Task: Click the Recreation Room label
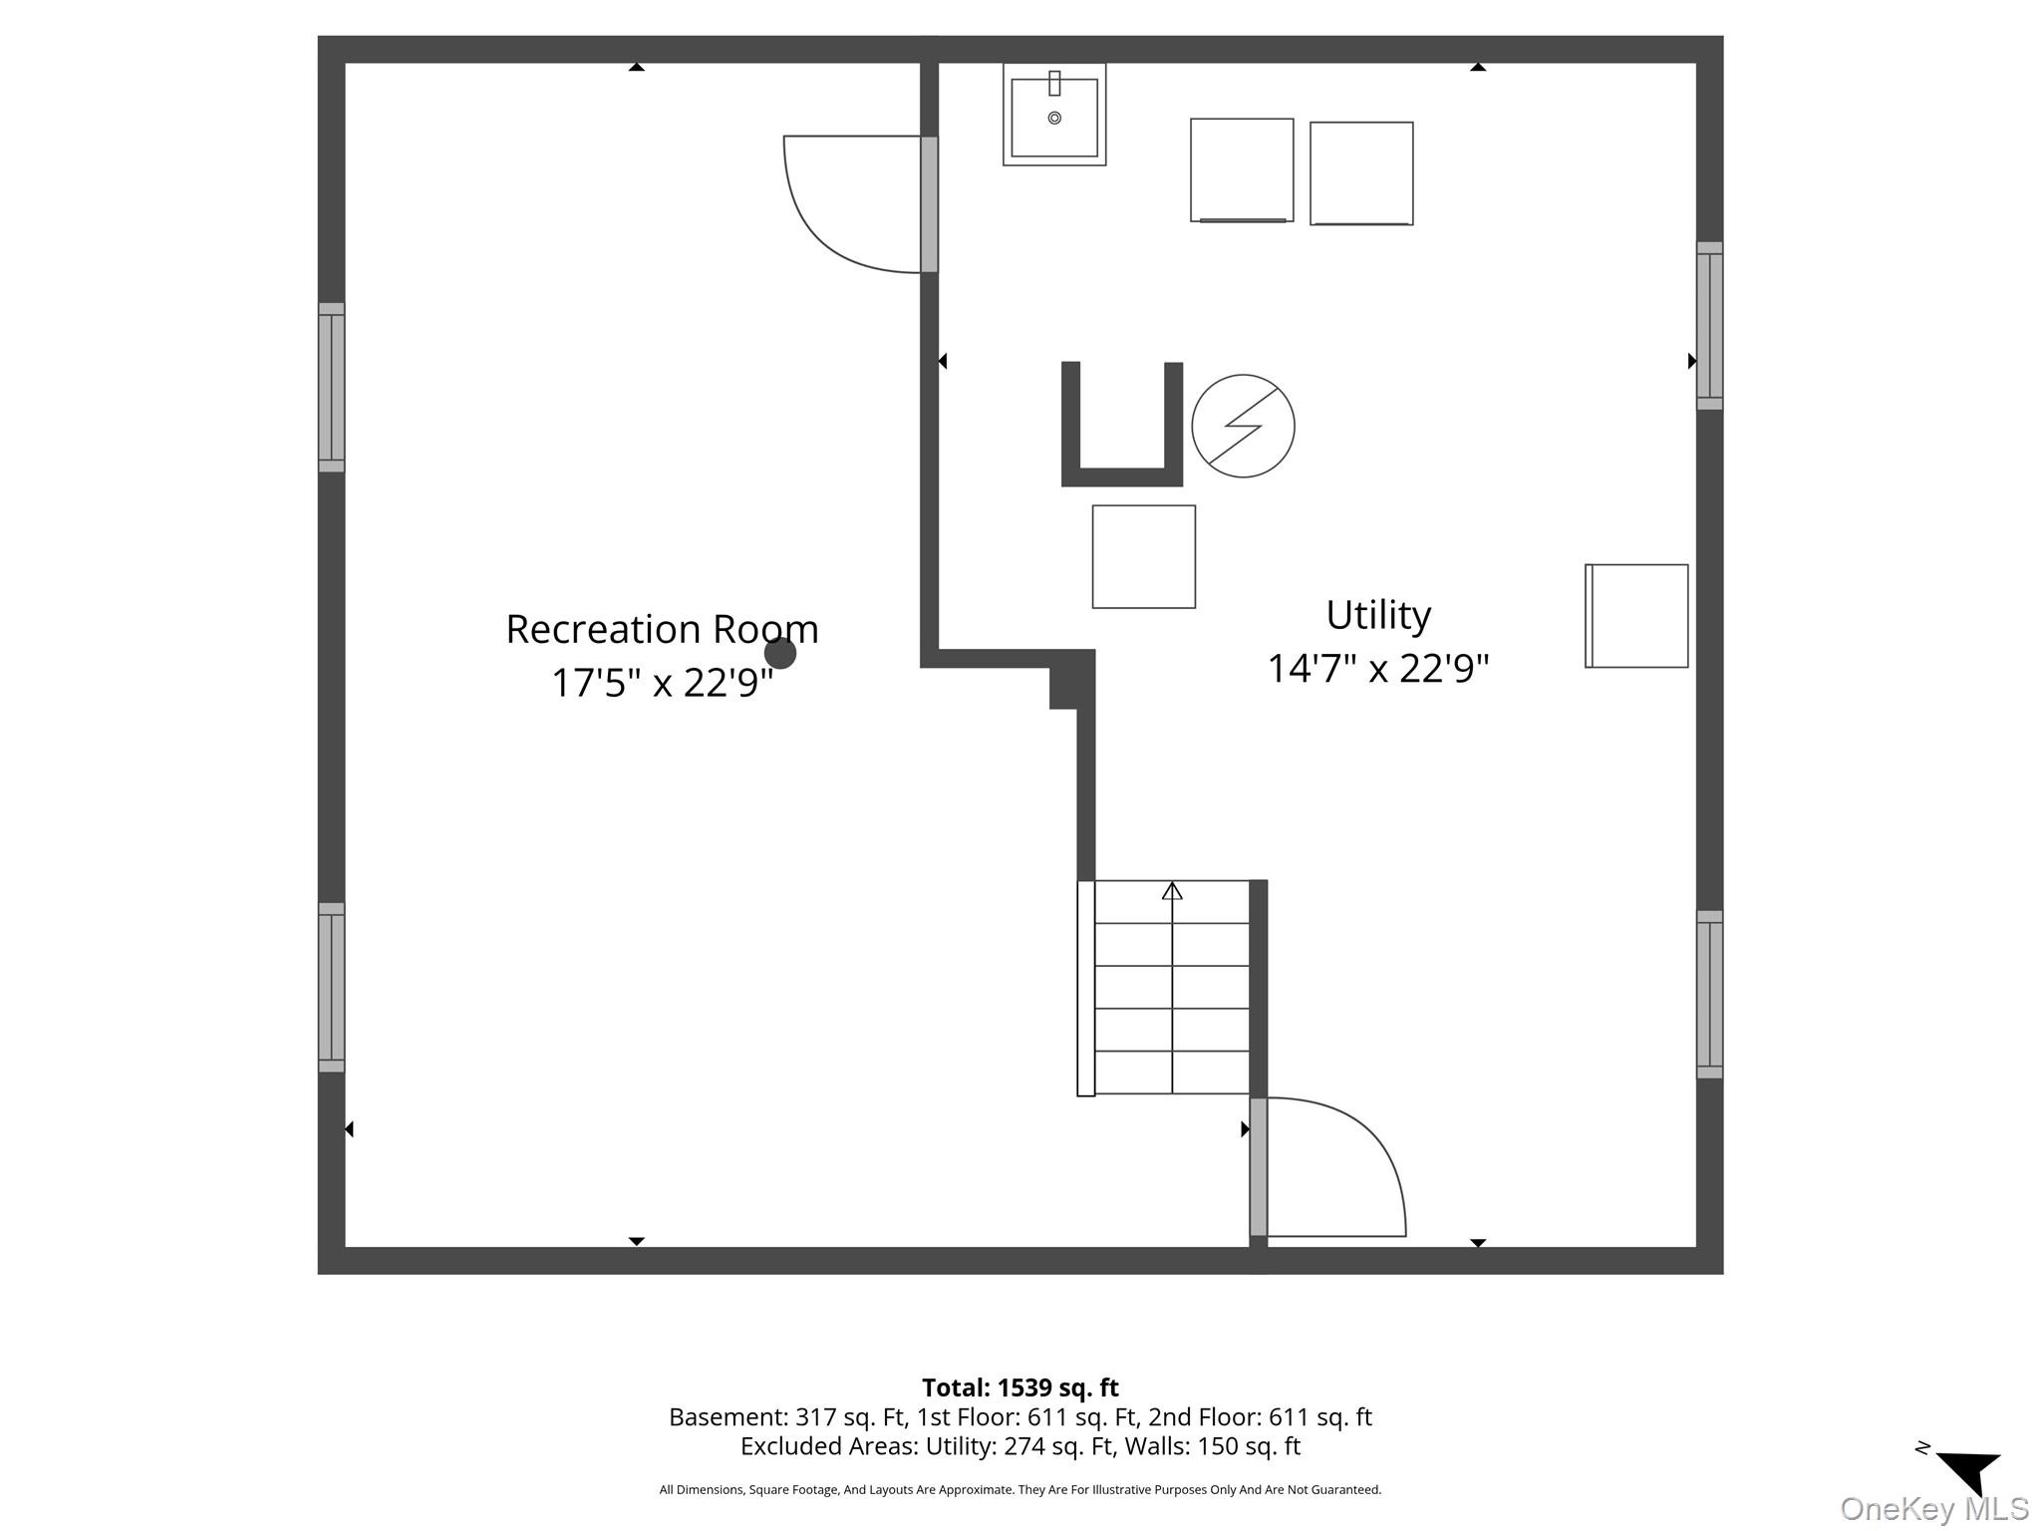pyautogui.click(x=662, y=629)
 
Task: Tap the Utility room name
pyautogui.click(x=1378, y=614)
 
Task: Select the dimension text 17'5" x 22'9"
pyautogui.click(x=662, y=683)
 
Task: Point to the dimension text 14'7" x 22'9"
pyautogui.click(x=1378, y=668)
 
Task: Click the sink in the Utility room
pyautogui.click(x=1054, y=115)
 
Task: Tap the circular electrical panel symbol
pyautogui.click(x=1243, y=426)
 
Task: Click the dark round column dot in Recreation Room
pyautogui.click(x=780, y=653)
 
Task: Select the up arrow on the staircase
pyautogui.click(x=1172, y=891)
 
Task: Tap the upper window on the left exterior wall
pyautogui.click(x=332, y=387)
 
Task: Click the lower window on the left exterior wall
pyautogui.click(x=332, y=988)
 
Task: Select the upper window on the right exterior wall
pyautogui.click(x=1710, y=325)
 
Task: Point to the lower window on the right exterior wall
pyautogui.click(x=1710, y=994)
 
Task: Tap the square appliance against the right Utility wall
pyautogui.click(x=1636, y=616)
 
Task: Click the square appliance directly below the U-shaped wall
pyautogui.click(x=1144, y=557)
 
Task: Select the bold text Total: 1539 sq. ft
pyautogui.click(x=1020, y=1387)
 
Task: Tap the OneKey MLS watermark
pyautogui.click(x=1934, y=1509)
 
